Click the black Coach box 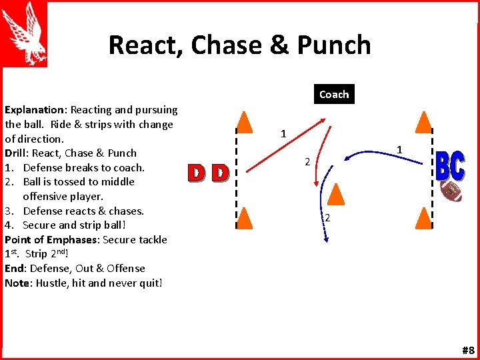click(x=333, y=94)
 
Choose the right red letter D click(x=219, y=173)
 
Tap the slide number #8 click(x=467, y=351)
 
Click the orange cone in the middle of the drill click(x=337, y=193)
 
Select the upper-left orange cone click(x=245, y=121)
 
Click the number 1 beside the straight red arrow click(x=283, y=134)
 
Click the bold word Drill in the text click(x=17, y=153)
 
